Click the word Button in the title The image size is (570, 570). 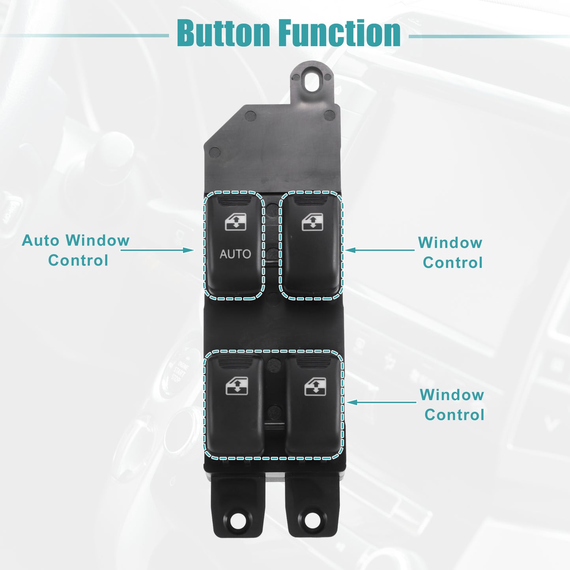pos(224,33)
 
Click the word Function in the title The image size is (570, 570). pos(340,33)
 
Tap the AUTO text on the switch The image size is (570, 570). pos(235,254)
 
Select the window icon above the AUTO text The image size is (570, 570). pos(235,222)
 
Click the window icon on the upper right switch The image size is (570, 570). pos(312,222)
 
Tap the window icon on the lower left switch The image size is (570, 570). pos(237,386)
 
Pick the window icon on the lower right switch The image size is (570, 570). pos(315,386)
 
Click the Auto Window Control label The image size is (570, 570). pos(76,250)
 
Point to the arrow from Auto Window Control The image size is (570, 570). pos(157,250)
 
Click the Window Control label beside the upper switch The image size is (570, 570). pos(450,252)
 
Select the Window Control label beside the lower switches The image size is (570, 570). pos(452,405)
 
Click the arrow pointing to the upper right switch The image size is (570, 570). pos(380,250)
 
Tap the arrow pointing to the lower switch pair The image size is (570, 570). pos(381,402)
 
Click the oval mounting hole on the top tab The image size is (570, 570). pos(312,79)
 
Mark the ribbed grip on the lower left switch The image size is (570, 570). pos(235,362)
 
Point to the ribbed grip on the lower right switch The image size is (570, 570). pos(314,362)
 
